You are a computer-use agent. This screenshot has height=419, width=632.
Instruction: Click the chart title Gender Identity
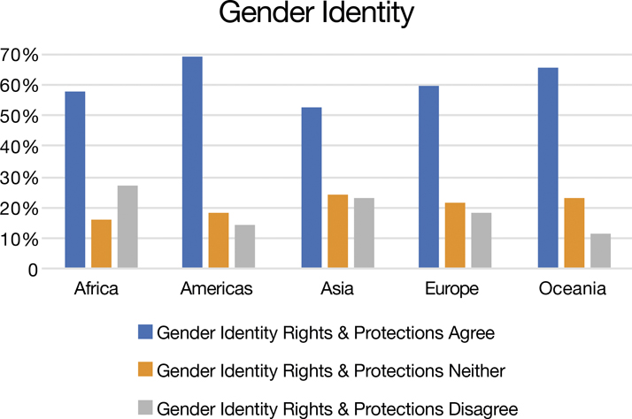pos(316,13)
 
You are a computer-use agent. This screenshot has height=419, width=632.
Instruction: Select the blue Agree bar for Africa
pos(75,179)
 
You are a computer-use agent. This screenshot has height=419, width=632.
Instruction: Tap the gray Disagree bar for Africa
pos(127,226)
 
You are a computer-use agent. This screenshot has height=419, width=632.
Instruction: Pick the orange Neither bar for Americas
pos(219,240)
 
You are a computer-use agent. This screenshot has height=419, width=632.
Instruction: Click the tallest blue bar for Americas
pos(192,162)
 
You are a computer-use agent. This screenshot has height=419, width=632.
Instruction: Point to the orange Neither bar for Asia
pos(338,231)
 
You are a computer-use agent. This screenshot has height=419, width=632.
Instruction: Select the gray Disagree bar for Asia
pos(365,232)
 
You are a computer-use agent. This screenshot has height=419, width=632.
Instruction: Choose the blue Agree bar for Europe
pos(428,177)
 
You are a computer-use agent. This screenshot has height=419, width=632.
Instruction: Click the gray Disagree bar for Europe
pos(482,240)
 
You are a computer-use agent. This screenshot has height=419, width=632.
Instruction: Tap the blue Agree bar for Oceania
pos(548,168)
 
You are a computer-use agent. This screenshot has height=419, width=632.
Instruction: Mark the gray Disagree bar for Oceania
pos(600,251)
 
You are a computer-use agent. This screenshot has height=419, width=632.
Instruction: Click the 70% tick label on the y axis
pos(19,55)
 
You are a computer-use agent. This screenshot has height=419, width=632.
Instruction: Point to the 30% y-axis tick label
pos(19,178)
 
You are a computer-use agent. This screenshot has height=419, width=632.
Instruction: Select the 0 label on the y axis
pos(33,270)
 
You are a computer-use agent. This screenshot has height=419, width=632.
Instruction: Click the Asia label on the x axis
pos(337,288)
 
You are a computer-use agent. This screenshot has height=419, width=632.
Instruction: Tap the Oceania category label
pos(573,288)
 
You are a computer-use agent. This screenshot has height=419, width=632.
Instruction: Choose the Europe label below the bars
pos(451,289)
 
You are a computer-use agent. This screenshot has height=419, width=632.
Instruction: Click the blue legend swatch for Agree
pos(145,331)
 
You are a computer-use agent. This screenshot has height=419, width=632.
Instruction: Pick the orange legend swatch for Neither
pos(145,369)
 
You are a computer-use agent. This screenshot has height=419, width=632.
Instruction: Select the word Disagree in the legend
pos(483,409)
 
